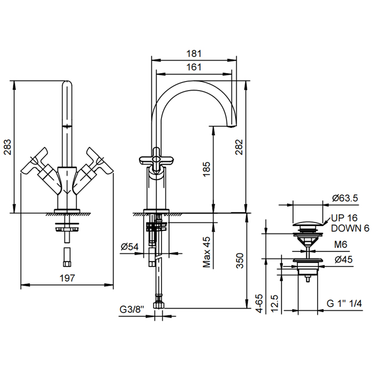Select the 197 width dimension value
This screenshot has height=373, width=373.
coord(67,278)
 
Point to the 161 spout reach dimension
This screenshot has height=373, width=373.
coord(194,67)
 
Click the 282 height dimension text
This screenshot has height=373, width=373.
coord(239,146)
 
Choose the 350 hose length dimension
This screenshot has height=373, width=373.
coord(240,260)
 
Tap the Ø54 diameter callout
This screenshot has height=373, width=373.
coord(131,247)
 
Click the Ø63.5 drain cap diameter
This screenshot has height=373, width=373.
coord(345,198)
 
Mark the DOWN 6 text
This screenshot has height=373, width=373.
coord(350,228)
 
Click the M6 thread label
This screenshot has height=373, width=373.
coord(340,245)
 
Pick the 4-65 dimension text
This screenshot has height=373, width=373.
coord(259,302)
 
